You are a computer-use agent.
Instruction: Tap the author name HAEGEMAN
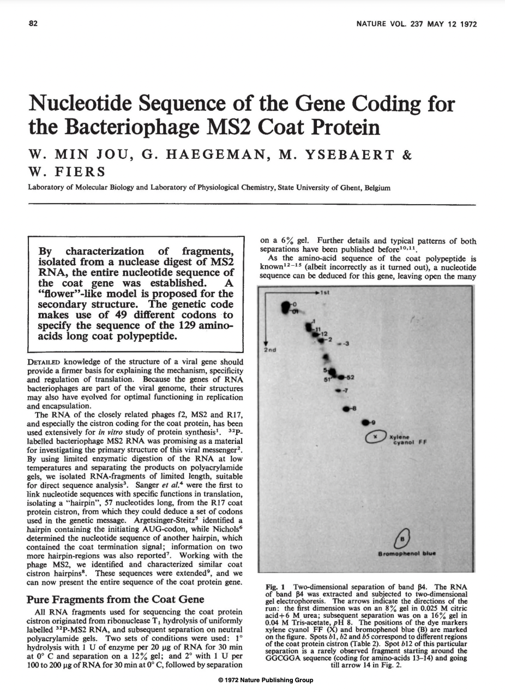[203, 156]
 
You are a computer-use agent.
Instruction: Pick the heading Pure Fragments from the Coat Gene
[116, 599]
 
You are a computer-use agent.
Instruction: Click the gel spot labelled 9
[366, 422]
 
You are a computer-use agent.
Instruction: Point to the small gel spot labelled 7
[339, 391]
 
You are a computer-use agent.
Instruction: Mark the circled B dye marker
[404, 537]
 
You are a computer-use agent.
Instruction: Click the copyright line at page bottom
[265, 679]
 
